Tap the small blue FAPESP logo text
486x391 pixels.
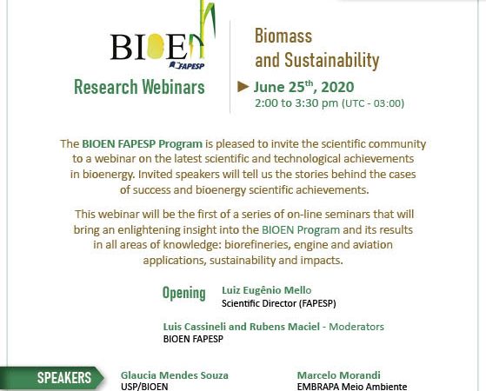point(187,65)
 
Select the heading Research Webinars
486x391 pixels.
point(139,87)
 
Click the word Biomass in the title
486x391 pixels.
point(283,36)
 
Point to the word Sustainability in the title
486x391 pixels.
point(332,61)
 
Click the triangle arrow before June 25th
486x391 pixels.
point(243,87)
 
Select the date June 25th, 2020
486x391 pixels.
point(303,87)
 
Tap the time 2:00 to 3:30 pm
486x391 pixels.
point(296,103)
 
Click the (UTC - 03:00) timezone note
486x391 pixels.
point(373,103)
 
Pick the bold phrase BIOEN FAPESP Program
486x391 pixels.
point(143,144)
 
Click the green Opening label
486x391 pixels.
point(184,293)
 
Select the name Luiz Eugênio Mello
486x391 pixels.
point(267,290)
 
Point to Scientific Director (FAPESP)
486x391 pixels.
point(278,303)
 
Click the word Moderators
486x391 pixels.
point(356,327)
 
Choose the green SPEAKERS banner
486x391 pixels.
point(52,378)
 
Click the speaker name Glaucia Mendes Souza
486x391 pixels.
point(175,375)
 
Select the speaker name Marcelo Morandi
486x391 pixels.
point(339,375)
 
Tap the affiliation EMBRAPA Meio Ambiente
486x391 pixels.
point(352,387)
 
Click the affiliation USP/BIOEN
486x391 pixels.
point(144,387)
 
